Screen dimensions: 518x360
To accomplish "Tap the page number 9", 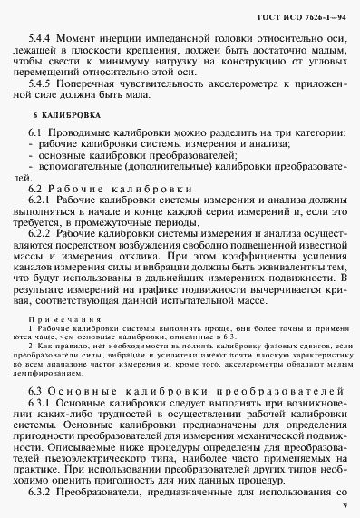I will tap(344, 505).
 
